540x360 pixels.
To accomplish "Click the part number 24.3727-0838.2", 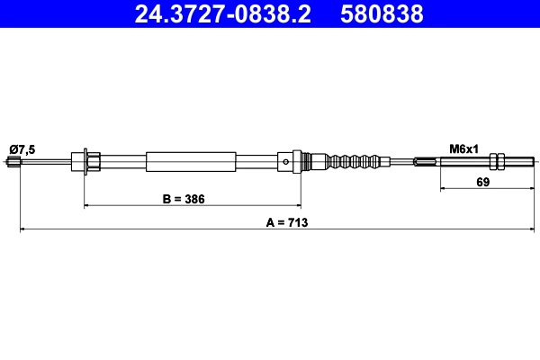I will click(221, 14).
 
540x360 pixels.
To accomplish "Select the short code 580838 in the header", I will click(382, 14).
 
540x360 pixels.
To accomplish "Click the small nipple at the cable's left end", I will click(13, 162).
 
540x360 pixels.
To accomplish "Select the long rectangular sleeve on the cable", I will click(191, 162).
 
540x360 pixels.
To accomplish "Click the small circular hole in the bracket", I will click(285, 163).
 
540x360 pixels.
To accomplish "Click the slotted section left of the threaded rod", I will click(427, 162).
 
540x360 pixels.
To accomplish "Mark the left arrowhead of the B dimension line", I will click(87, 206).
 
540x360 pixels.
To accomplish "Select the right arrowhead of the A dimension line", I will click(527, 230).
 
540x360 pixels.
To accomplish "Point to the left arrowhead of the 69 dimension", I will click(443, 189).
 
